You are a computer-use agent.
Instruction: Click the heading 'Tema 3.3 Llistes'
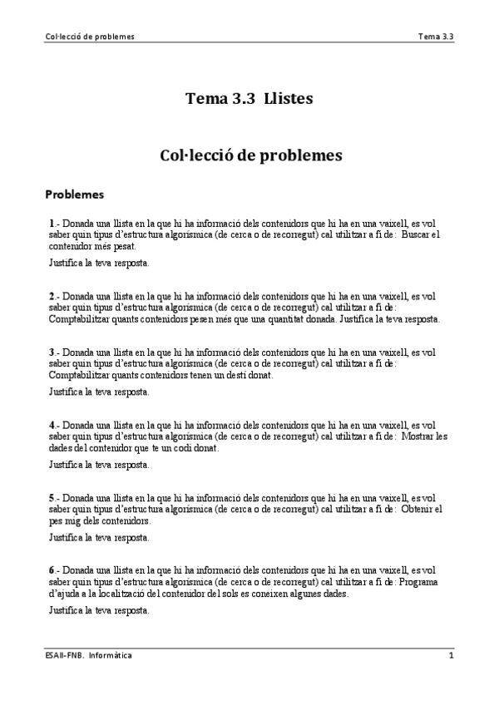(x=249, y=98)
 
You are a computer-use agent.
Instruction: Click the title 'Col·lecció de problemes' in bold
(x=249, y=155)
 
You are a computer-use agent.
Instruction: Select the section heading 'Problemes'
(x=74, y=195)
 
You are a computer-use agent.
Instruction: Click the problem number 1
(x=52, y=223)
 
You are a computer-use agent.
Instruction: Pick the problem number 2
(x=52, y=295)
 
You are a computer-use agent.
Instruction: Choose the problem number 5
(x=52, y=497)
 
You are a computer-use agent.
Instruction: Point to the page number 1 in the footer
(x=451, y=655)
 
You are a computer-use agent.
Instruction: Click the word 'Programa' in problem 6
(x=423, y=582)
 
